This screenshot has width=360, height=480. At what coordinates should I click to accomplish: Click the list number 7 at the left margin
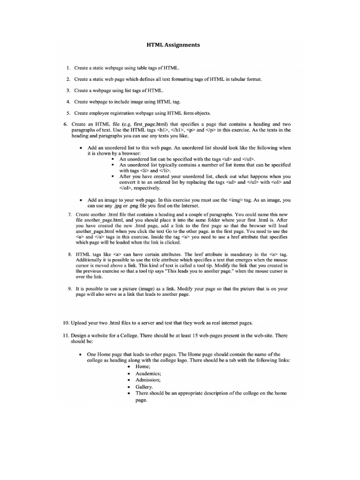point(69,214)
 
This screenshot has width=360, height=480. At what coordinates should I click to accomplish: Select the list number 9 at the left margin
point(69,289)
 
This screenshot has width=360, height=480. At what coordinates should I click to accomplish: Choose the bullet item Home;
point(143,366)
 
